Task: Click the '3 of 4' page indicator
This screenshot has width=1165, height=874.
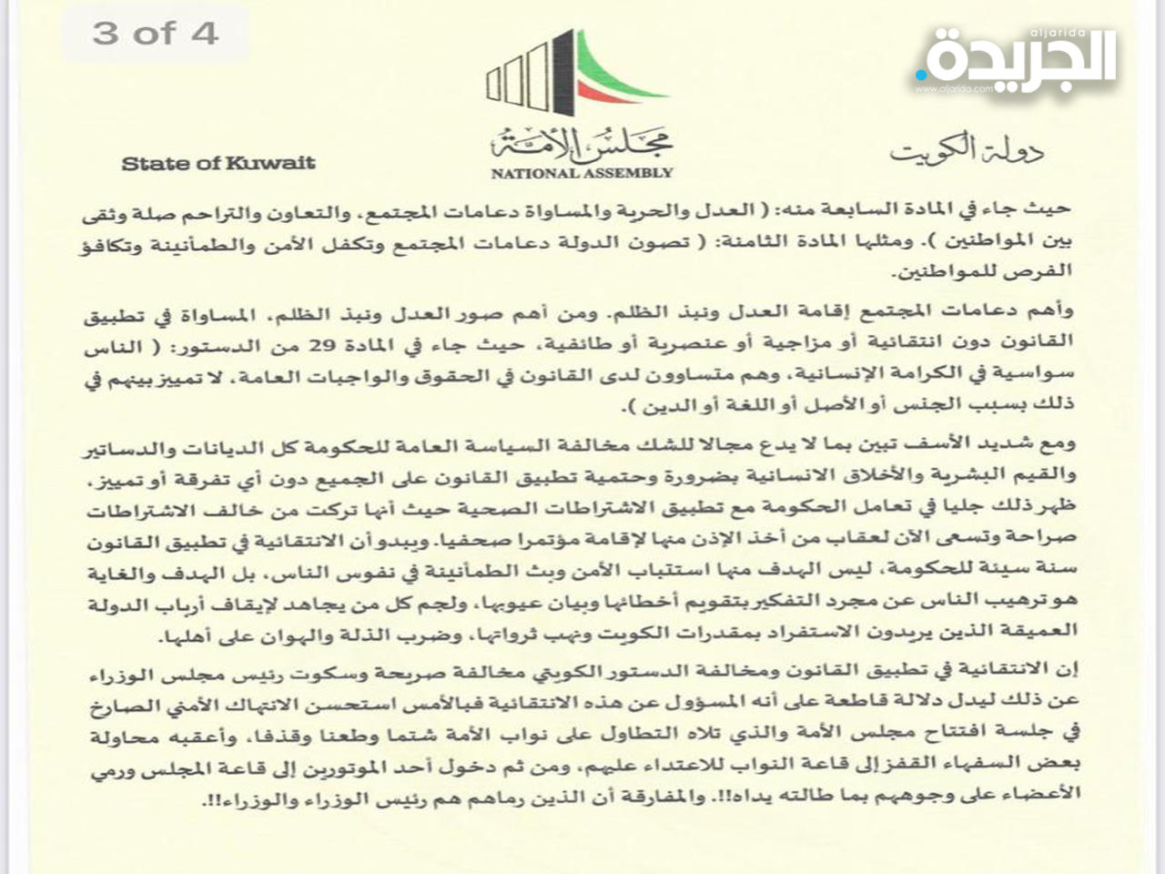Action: coord(156,34)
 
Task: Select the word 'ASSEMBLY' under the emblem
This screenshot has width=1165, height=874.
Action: coord(630,172)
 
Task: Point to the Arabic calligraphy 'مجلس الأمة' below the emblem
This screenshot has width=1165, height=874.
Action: coord(582,141)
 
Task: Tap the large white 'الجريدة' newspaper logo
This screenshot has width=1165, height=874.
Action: coord(1019,59)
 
